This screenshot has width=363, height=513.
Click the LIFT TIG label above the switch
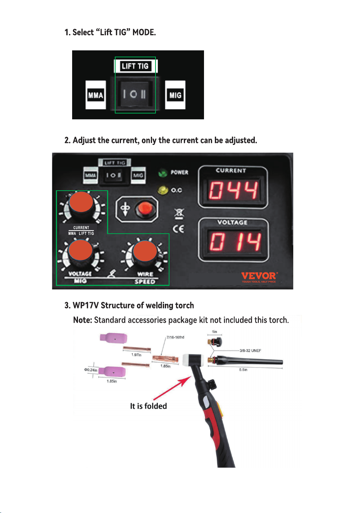pyautogui.click(x=135, y=66)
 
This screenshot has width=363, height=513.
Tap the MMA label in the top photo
pyautogui.click(x=96, y=95)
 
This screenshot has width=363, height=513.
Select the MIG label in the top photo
pyautogui.click(x=175, y=95)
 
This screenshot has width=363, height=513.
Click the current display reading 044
pyautogui.click(x=233, y=190)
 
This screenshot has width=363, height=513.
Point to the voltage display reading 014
pyautogui.click(x=235, y=242)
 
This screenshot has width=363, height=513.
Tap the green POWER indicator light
pyautogui.click(x=163, y=172)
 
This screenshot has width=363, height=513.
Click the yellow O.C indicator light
pyautogui.click(x=162, y=190)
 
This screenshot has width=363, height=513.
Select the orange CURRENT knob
pyautogui.click(x=81, y=202)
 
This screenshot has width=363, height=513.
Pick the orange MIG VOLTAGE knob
pyautogui.click(x=81, y=250)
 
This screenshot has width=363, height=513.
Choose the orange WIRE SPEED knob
pyautogui.click(x=145, y=251)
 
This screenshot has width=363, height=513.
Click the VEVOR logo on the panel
pyautogui.click(x=259, y=277)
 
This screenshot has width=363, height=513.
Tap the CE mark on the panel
pyautogui.click(x=178, y=229)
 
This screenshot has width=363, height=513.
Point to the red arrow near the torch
pyautogui.click(x=172, y=387)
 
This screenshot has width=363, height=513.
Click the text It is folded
pyautogui.click(x=148, y=406)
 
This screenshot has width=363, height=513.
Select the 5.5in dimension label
pyautogui.click(x=243, y=370)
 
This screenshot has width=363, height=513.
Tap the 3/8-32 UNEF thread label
pyautogui.click(x=250, y=350)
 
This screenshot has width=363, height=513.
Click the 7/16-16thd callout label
pyautogui.click(x=175, y=337)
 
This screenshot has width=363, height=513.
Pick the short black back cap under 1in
pyautogui.click(x=215, y=342)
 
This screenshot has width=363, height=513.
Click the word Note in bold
pyautogui.click(x=82, y=320)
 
